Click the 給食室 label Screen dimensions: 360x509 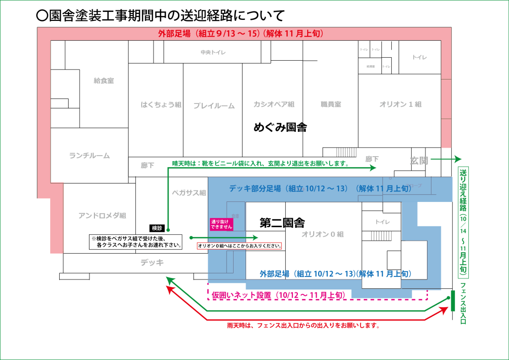click(x=104, y=81)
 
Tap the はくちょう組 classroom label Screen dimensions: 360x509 click(x=161, y=105)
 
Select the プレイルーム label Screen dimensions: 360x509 click(x=214, y=105)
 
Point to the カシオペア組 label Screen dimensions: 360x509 click(x=274, y=104)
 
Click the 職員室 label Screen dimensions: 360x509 click(x=331, y=104)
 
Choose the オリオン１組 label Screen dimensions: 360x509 click(x=400, y=104)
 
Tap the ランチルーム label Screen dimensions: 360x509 click(x=89, y=156)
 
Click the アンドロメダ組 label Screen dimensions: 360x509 click(x=102, y=215)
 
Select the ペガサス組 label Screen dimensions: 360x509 click(x=189, y=192)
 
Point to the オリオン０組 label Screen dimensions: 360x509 click(x=323, y=234)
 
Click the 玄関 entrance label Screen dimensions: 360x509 click(x=419, y=161)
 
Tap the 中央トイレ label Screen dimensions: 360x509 click(x=213, y=52)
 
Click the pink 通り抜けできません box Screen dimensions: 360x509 click(x=221, y=224)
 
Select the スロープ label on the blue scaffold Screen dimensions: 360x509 click(x=414, y=185)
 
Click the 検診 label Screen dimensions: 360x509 click(x=157, y=228)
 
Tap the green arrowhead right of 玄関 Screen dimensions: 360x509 click(x=457, y=160)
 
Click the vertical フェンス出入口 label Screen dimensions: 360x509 click(x=463, y=303)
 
